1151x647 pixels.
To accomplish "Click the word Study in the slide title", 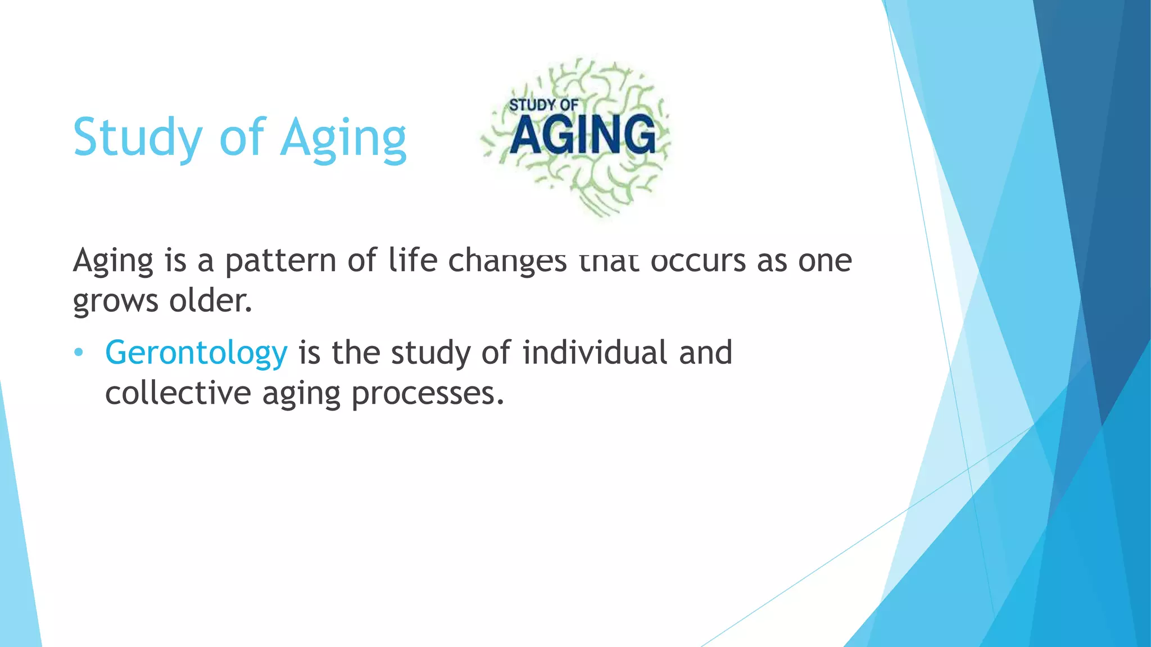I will (137, 137).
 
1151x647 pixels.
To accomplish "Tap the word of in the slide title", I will (242, 137).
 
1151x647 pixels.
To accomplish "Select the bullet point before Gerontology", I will (79, 353).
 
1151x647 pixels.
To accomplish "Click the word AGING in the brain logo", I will (583, 134).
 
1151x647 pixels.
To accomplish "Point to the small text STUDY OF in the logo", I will (543, 105).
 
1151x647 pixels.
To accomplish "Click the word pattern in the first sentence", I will (280, 261).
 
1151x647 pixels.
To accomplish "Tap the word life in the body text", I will (413, 261).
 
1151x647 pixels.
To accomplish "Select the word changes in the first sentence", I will (507, 261).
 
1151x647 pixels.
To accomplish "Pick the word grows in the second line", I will (116, 301).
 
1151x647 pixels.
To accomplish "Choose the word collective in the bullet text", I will (178, 393).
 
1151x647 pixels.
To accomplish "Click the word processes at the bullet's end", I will (427, 393).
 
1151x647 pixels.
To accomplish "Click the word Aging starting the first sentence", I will (113, 261).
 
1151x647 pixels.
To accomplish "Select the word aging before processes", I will (301, 393).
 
